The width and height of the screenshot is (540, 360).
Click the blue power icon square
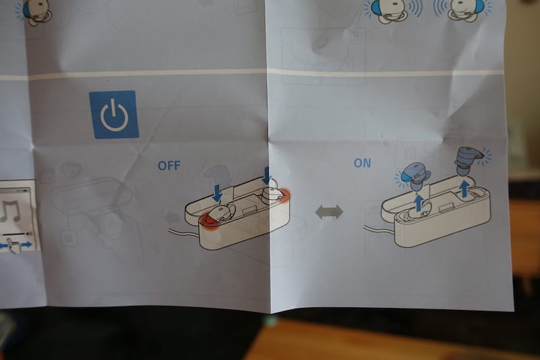(x=114, y=114)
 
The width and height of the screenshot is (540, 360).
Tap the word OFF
(x=169, y=165)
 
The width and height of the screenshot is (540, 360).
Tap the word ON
(x=362, y=163)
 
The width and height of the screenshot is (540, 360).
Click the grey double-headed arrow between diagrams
(x=329, y=212)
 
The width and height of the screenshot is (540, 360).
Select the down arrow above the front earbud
(x=217, y=193)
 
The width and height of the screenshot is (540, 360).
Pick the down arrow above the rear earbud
(x=266, y=176)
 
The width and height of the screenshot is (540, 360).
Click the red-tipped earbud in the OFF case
(x=217, y=215)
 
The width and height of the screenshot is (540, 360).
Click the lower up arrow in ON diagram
(x=418, y=203)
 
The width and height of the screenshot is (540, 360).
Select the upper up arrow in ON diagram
(x=464, y=188)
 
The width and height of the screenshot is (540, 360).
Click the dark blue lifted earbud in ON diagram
(x=468, y=160)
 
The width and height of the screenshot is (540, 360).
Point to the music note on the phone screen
(x=10, y=211)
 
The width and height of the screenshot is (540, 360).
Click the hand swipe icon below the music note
(x=14, y=245)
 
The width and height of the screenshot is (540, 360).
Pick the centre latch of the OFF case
(x=250, y=209)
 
